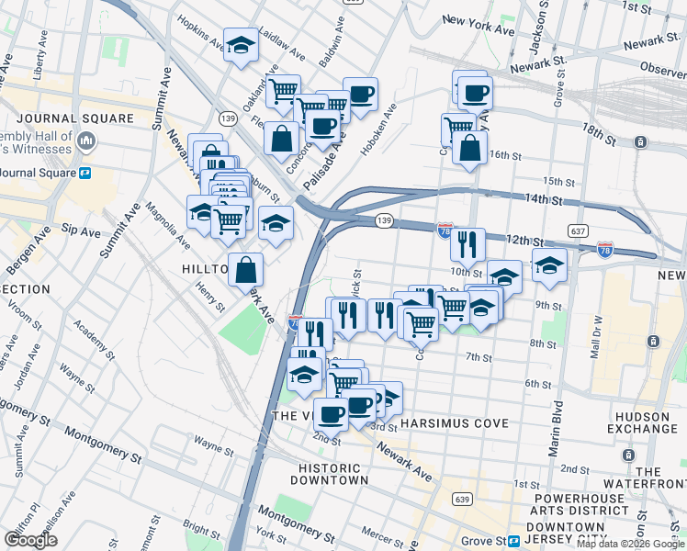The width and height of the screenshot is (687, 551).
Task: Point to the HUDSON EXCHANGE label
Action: tap(641, 422)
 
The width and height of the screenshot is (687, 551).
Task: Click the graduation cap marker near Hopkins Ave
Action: tap(241, 45)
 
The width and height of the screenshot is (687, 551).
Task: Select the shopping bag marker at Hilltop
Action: tap(246, 270)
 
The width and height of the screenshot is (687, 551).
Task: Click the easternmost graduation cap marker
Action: tap(549, 265)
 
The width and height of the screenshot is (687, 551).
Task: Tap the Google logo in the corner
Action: tap(30, 540)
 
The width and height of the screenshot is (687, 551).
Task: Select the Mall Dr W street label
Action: tap(595, 326)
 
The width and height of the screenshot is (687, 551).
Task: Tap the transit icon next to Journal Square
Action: tap(84, 172)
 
